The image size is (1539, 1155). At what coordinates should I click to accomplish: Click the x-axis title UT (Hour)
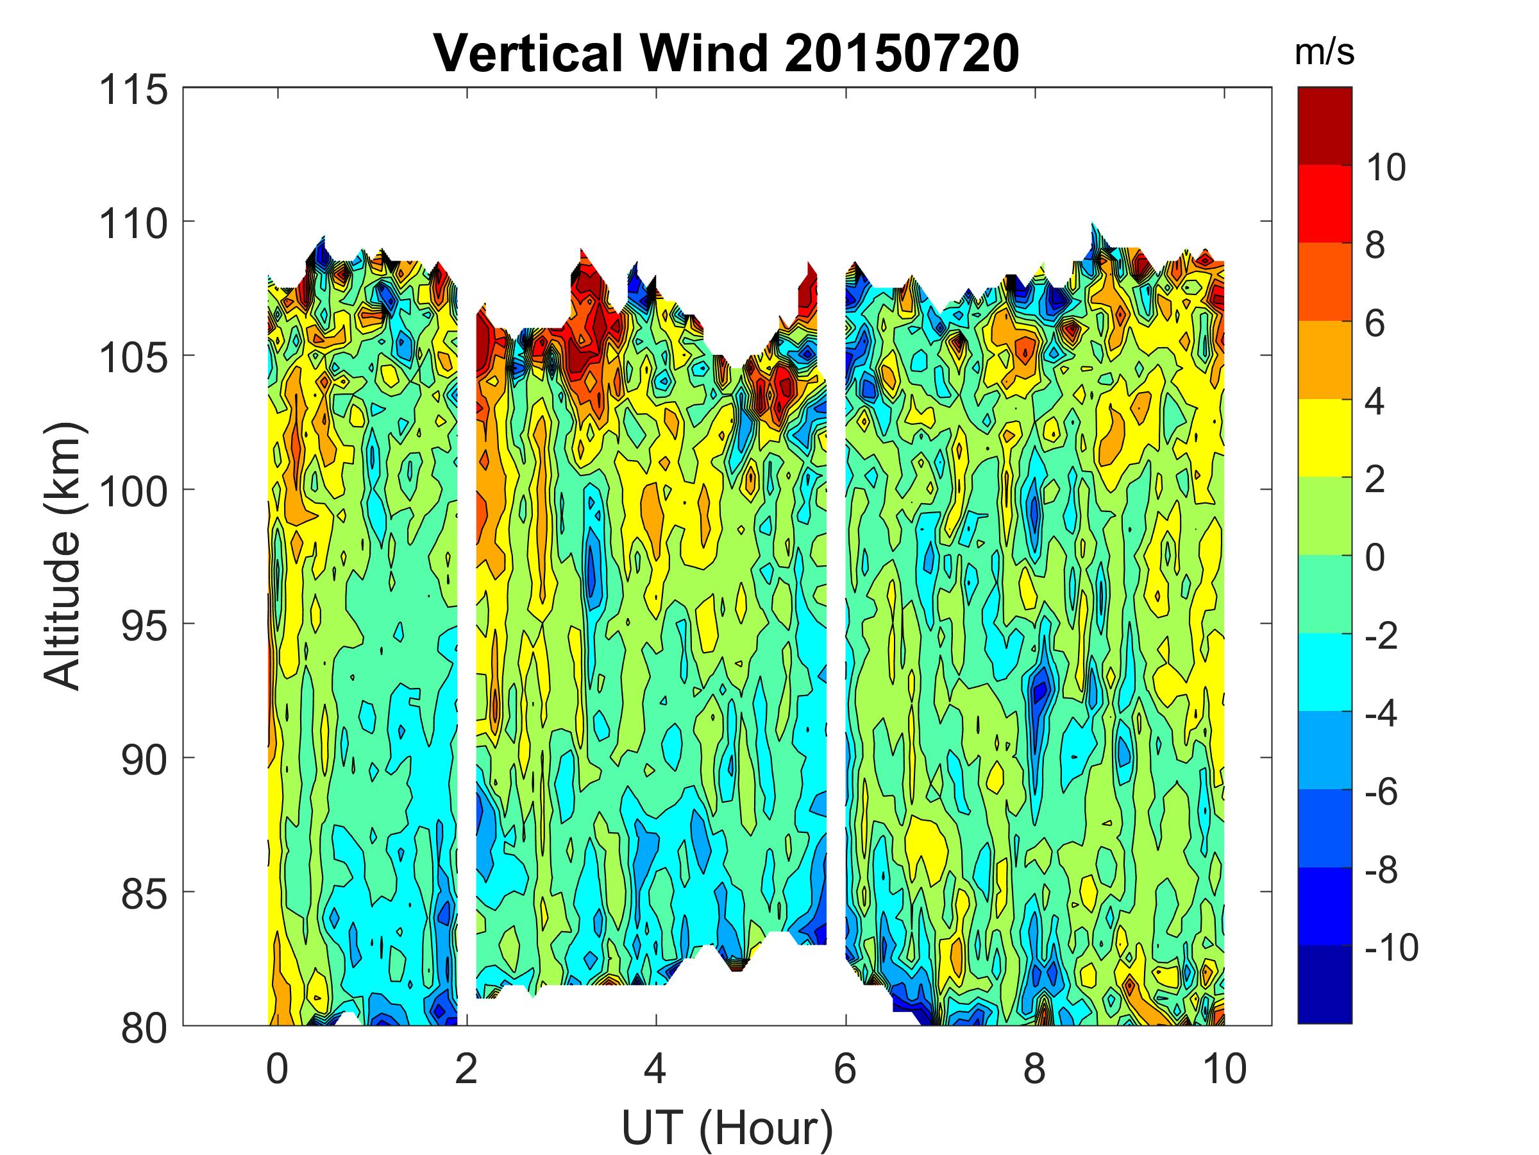click(727, 1129)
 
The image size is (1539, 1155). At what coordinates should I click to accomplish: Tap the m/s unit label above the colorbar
click(1325, 53)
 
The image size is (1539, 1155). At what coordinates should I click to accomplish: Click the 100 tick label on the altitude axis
click(134, 492)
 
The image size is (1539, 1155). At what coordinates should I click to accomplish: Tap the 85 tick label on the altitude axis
click(144, 894)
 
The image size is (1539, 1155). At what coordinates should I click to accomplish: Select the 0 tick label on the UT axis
click(277, 1068)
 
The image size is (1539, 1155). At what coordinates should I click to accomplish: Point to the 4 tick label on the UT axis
click(655, 1068)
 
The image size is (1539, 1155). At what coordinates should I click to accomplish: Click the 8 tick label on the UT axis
click(1034, 1068)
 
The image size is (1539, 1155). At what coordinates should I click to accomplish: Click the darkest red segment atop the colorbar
click(1325, 125)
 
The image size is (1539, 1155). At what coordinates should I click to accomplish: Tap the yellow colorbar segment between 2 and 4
click(1325, 438)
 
